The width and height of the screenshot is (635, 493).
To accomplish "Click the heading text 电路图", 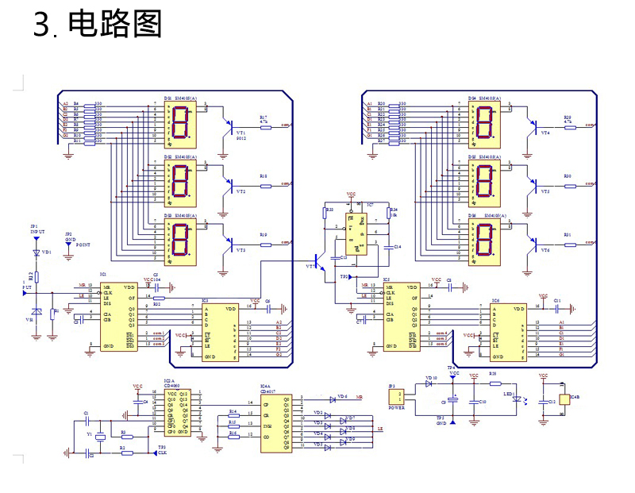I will [115, 25].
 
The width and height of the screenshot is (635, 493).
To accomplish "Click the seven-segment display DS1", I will [180, 124].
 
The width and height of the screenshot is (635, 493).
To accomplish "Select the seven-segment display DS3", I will [180, 241].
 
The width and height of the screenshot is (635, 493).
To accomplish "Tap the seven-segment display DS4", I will [484, 122].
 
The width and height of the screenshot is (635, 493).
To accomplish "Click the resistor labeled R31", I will [568, 243].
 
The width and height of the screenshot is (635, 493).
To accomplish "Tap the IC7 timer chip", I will [360, 231].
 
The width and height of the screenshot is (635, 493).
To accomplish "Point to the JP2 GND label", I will [69, 239].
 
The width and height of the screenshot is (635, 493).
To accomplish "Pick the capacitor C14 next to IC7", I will [387, 247].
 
